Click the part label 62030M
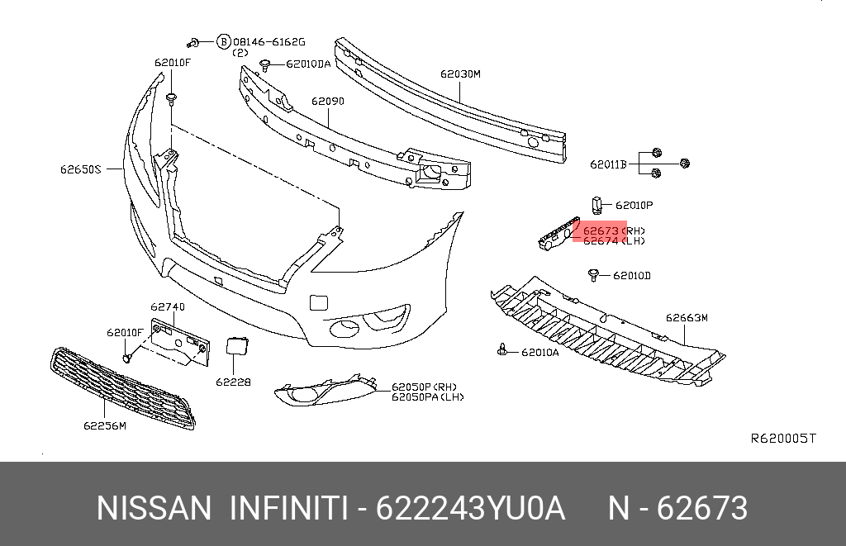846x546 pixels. point(460,74)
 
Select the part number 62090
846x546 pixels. point(328,102)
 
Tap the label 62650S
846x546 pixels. point(79,169)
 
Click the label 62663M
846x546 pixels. point(687,317)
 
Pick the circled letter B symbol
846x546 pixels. point(223,41)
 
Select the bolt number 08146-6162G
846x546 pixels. point(269,41)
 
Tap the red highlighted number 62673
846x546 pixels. point(601,230)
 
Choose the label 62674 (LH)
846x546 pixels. point(614,241)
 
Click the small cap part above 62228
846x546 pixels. point(235,345)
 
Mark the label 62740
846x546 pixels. point(168,307)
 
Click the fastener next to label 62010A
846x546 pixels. point(502,351)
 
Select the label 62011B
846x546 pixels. point(609,164)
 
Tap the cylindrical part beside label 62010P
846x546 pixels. point(596,203)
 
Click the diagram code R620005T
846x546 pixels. point(782,438)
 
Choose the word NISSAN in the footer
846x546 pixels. point(154,509)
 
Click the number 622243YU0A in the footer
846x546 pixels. point(471,509)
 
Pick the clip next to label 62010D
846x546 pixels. point(594,274)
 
